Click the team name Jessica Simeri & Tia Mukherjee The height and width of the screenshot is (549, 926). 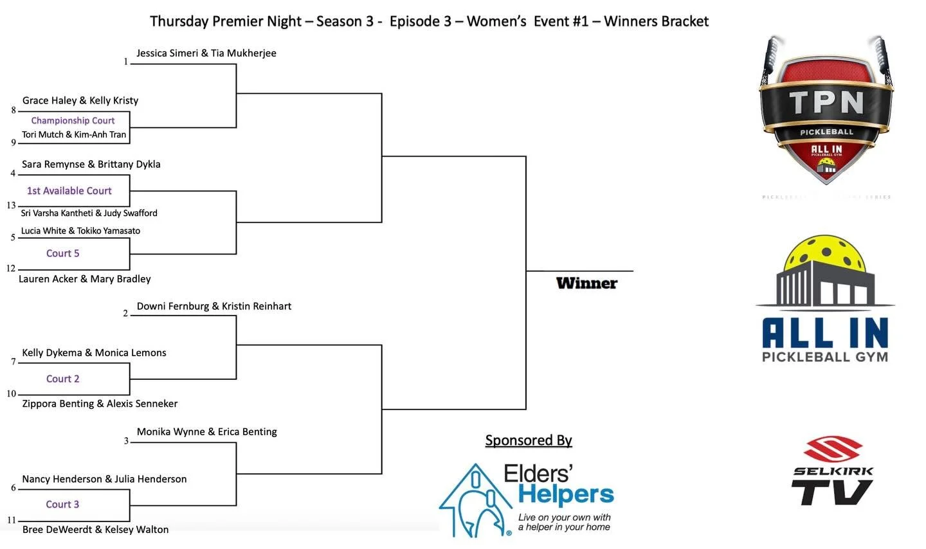pyautogui.click(x=206, y=53)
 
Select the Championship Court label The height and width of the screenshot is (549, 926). pyautogui.click(x=73, y=120)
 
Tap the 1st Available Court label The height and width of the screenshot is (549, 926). pyautogui.click(x=69, y=191)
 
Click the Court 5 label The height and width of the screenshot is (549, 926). pyautogui.click(x=62, y=253)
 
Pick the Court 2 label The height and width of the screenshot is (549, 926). pyautogui.click(x=62, y=379)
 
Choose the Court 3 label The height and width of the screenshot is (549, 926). pyautogui.click(x=62, y=505)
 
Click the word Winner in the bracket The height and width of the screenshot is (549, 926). pyautogui.click(x=586, y=283)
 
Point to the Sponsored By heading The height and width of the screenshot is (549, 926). pyautogui.click(x=528, y=440)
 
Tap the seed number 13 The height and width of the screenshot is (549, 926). pyautogui.click(x=11, y=206)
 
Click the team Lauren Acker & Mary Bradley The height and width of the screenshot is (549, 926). pyautogui.click(x=84, y=279)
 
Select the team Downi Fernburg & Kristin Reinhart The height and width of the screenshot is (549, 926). pyautogui.click(x=213, y=307)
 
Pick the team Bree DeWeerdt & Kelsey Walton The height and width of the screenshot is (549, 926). pyautogui.click(x=95, y=530)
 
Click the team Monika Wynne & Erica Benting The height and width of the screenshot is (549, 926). pyautogui.click(x=206, y=432)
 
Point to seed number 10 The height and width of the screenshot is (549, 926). pyautogui.click(x=11, y=393)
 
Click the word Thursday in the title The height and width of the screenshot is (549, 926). pyautogui.click(x=179, y=21)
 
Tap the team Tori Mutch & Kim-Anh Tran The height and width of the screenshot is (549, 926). pyautogui.click(x=73, y=135)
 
